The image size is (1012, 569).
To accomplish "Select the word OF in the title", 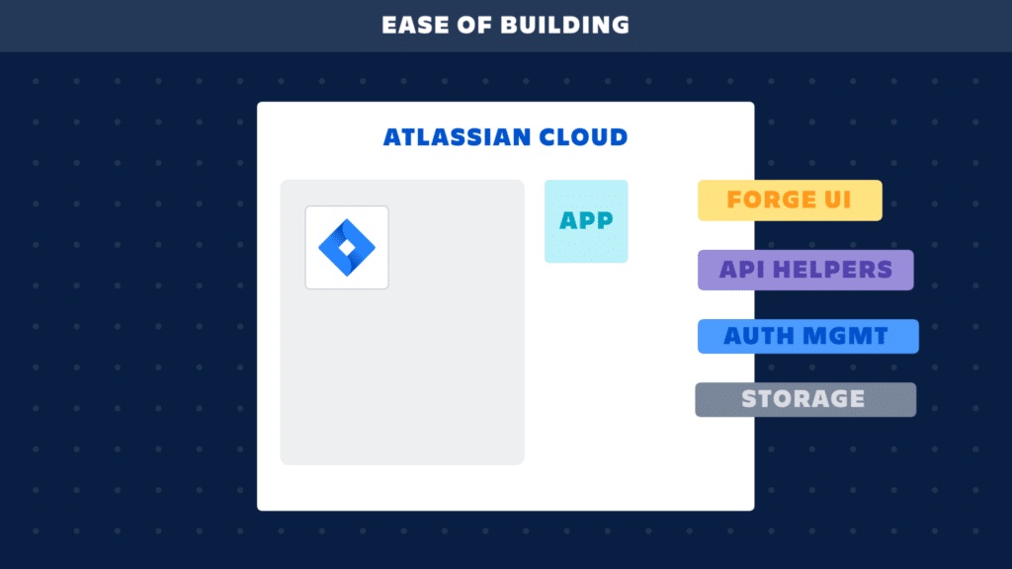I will (477, 25).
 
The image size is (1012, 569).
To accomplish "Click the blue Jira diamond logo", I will (347, 247).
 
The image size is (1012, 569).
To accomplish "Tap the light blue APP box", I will (586, 221).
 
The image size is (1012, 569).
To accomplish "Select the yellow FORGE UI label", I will (790, 201).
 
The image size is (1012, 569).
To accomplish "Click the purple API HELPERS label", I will (805, 270).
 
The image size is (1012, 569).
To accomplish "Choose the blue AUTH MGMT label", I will (808, 337).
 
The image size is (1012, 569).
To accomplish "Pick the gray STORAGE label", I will (805, 400).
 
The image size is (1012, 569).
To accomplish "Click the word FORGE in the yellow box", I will (770, 201).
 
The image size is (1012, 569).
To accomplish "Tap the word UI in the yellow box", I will (837, 201).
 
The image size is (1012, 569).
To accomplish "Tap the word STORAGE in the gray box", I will (803, 400).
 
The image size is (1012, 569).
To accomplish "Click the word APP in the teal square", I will (586, 221).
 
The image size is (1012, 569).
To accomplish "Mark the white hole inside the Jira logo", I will (347, 246).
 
